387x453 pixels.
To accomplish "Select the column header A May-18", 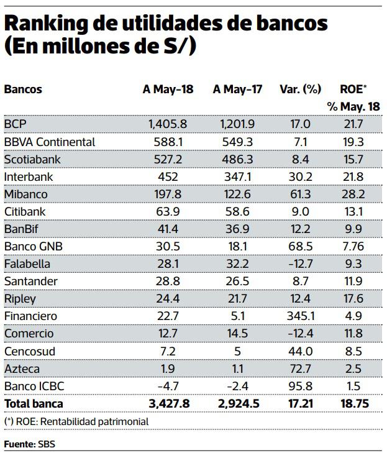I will point(168,89).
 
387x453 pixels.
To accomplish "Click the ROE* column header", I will point(353,89).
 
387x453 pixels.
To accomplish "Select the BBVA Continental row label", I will point(49,142).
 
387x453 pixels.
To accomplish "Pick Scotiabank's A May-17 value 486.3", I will point(237,159).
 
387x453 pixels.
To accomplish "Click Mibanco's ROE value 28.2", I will point(353,194).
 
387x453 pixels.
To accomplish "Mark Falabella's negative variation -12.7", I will point(302,263).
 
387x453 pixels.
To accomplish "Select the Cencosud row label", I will point(29,351).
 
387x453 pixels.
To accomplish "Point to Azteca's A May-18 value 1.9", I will point(168,368).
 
